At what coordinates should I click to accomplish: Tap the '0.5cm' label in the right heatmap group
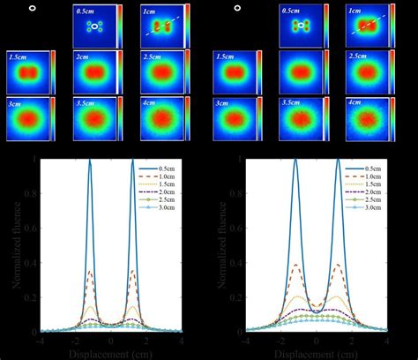coord(290,11)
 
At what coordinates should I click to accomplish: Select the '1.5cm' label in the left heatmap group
coord(16,56)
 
